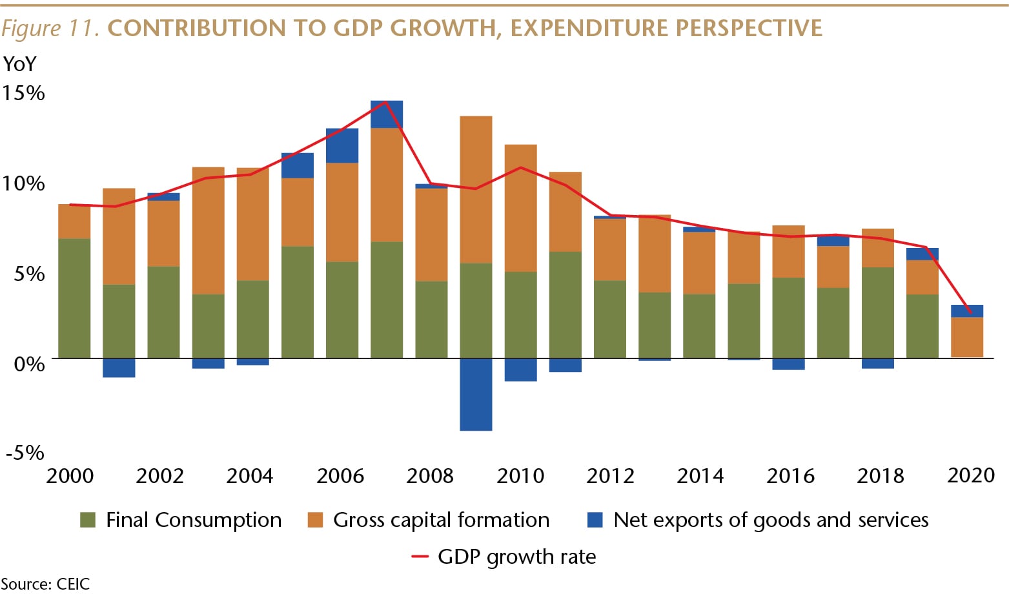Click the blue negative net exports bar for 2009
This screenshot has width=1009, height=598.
pos(476,394)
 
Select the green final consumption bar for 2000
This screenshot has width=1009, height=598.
pos(74,298)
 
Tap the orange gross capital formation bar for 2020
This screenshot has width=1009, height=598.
pos(966,336)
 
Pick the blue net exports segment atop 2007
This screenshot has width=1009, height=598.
pos(387,115)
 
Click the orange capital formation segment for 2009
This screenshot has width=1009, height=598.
pos(476,189)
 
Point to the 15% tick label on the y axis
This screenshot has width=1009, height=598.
pos(23,93)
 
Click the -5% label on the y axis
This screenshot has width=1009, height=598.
pos(25,452)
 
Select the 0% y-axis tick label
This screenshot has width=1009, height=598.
pos(30,364)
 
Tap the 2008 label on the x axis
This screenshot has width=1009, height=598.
pos(430,476)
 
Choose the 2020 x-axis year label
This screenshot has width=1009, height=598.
pos(970,475)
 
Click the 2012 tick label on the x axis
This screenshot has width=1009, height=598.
pos(610,476)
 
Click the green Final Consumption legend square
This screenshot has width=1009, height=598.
pos(88,520)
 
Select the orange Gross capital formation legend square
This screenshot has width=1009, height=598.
pos(315,520)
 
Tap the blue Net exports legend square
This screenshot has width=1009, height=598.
pos(595,520)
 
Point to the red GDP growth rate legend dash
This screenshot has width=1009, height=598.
pos(420,557)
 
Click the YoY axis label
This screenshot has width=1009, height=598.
pos(20,64)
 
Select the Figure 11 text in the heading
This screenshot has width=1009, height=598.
pos(50,28)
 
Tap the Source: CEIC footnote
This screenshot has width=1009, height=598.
pos(45,584)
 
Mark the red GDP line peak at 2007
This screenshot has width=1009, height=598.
pos(386,102)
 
